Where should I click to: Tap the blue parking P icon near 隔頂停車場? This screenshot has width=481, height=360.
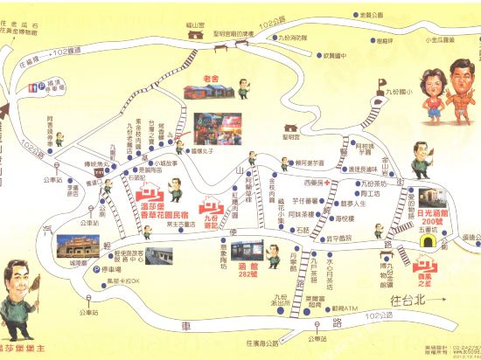(32, 86)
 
